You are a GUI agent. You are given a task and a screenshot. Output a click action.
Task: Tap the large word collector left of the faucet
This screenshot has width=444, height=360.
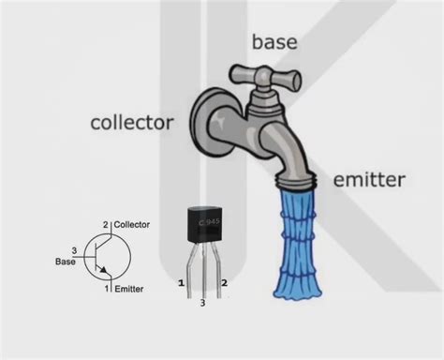click(132, 122)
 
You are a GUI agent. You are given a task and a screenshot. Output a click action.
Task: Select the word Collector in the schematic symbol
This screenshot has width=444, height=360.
click(131, 224)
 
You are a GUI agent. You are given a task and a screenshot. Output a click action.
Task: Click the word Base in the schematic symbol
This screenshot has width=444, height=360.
click(65, 262)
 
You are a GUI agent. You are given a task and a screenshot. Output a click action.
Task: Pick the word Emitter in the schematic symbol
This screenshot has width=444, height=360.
click(129, 290)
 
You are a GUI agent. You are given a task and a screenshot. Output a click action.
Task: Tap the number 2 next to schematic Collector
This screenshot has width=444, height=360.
click(106, 224)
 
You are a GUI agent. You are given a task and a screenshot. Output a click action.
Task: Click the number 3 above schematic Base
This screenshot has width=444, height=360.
click(73, 249)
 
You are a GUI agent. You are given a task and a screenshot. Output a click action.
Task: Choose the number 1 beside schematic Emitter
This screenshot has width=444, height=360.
click(106, 290)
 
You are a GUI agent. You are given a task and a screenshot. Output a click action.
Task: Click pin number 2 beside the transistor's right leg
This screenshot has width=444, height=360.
click(224, 281)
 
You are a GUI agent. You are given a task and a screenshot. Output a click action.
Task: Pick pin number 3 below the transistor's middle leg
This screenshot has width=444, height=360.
click(203, 303)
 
